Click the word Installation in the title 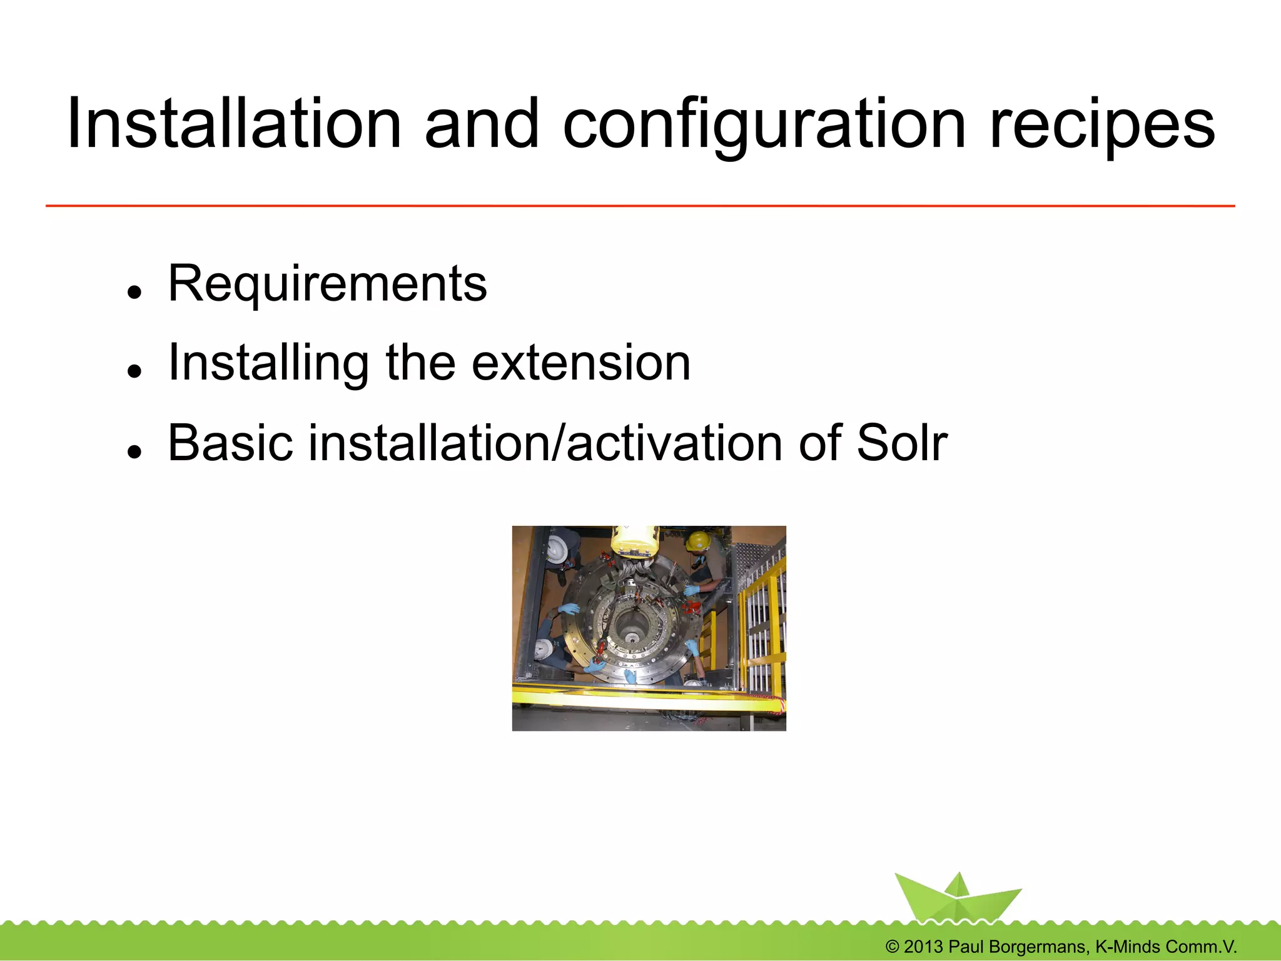tap(233, 125)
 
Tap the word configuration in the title tap(764, 125)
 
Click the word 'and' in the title tap(482, 125)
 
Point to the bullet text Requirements tap(327, 284)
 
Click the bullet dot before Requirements tap(133, 293)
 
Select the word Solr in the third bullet tap(901, 443)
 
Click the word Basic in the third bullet tap(230, 443)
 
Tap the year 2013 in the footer tap(923, 947)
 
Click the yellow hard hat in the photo tap(697, 541)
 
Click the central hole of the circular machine tap(633, 638)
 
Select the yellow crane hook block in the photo tap(635, 541)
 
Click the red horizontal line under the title tap(640, 206)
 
